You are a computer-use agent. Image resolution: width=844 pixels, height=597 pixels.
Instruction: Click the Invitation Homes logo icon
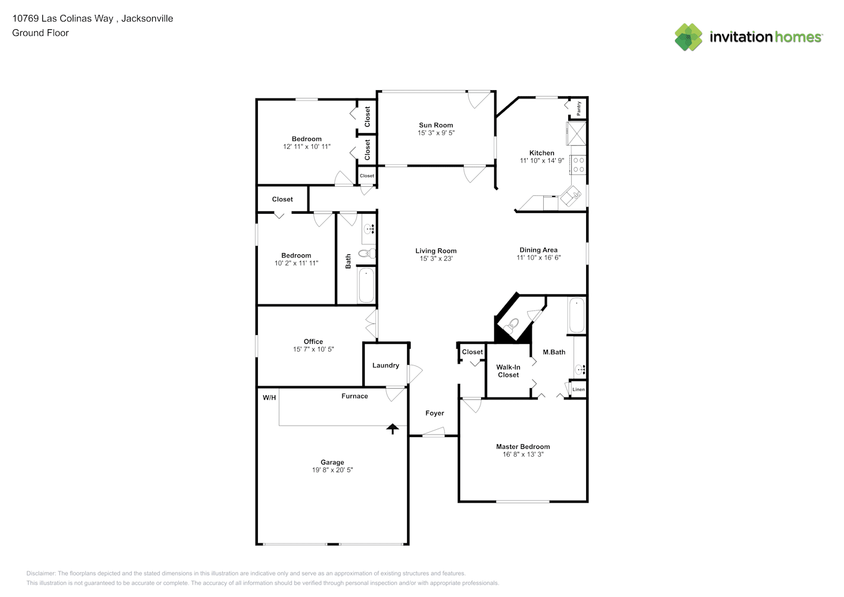click(x=688, y=37)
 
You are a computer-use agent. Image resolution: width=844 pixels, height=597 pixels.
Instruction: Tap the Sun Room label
click(x=436, y=125)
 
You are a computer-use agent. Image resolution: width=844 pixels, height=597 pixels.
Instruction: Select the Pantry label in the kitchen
click(x=579, y=109)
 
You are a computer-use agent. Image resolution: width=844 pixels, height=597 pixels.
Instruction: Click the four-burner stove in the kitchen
click(x=578, y=165)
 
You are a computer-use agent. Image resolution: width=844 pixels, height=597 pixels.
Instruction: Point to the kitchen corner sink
click(x=571, y=196)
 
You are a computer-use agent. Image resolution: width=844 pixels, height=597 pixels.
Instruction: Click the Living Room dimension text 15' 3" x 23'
click(x=436, y=259)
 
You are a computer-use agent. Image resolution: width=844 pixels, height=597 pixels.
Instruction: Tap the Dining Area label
click(x=538, y=250)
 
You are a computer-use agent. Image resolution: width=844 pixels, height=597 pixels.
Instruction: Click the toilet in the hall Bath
click(x=367, y=253)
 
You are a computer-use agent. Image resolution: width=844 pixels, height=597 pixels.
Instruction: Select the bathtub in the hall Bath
click(x=366, y=285)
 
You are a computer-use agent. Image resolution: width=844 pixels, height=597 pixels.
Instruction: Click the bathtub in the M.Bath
click(x=577, y=315)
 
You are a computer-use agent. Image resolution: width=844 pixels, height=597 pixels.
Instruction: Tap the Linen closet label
click(x=579, y=389)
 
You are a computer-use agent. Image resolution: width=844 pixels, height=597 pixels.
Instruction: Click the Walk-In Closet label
click(x=509, y=371)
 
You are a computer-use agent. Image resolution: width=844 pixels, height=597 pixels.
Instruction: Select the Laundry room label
click(x=386, y=365)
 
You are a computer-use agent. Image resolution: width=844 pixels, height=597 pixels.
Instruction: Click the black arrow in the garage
click(x=392, y=429)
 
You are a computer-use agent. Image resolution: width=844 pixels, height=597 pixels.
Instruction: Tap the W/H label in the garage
click(x=269, y=398)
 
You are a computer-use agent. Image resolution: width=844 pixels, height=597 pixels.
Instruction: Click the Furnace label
click(x=355, y=396)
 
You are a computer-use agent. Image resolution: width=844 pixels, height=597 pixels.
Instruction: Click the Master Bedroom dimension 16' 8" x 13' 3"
click(x=523, y=454)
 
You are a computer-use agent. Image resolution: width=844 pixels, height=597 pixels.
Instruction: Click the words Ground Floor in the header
click(x=41, y=33)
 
